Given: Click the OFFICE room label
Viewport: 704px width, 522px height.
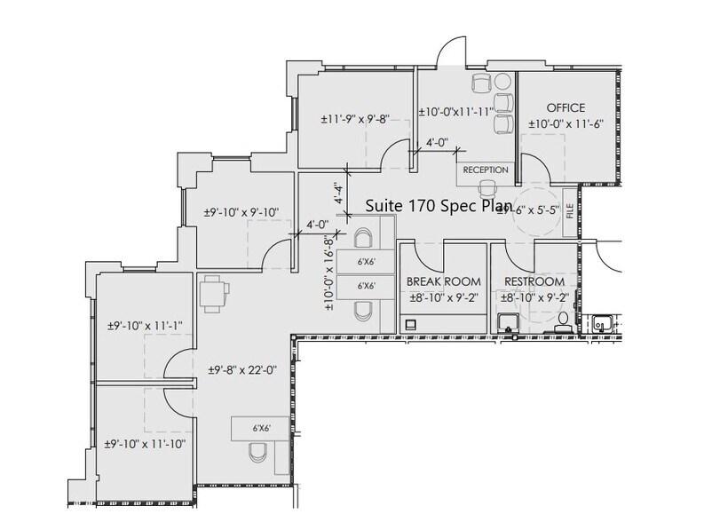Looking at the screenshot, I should (566, 108).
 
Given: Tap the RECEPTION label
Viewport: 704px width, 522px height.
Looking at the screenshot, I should (486, 170).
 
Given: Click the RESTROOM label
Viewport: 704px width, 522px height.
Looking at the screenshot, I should (534, 281).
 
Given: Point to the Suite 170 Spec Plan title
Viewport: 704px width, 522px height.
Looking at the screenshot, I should (439, 206).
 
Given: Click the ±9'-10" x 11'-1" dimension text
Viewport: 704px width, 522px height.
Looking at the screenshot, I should (143, 326).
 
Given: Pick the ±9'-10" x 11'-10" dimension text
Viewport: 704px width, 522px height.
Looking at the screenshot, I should (144, 442).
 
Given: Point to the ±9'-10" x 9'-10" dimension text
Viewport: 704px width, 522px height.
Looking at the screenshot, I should (241, 212).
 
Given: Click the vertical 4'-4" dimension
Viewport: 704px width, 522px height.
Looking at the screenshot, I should (336, 193).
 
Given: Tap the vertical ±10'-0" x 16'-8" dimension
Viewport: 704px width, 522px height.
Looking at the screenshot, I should (329, 273).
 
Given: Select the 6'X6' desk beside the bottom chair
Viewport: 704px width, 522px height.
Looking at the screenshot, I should (260, 429).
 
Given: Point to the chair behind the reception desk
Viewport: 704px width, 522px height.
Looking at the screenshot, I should (486, 188).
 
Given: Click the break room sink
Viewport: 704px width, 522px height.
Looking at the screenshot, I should (412, 326).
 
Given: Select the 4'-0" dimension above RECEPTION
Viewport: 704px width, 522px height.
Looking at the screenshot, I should (437, 142).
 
